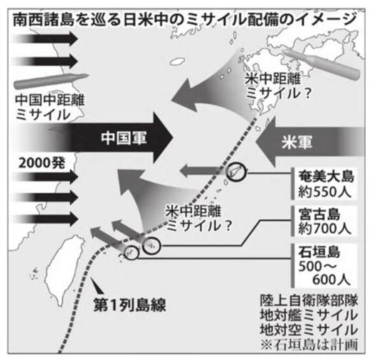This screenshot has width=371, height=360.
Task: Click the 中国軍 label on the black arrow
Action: point(124,138)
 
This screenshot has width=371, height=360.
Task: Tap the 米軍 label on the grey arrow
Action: point(297,142)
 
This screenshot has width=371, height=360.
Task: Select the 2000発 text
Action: point(41,163)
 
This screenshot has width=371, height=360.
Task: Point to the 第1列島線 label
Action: point(129,305)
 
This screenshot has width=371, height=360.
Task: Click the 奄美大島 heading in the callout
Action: point(326,176)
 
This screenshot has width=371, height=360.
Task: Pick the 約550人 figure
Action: point(324,191)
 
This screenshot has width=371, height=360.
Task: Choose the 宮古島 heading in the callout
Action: point(319,214)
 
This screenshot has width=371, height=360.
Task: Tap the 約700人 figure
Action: point(324,229)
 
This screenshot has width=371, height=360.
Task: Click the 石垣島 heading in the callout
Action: point(319,252)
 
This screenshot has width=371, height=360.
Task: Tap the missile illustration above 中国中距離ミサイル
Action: point(51,80)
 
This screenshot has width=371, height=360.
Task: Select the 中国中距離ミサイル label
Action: point(50,108)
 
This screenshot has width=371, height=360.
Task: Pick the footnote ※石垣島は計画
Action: point(309,345)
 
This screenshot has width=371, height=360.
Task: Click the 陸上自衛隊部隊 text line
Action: point(309,301)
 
